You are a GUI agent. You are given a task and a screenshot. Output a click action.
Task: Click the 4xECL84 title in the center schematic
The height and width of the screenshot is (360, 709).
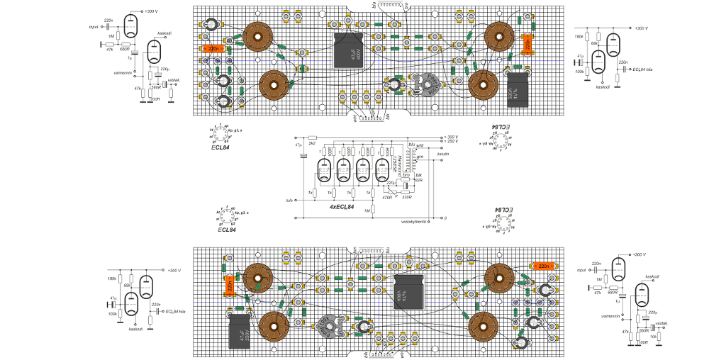tap(342, 206)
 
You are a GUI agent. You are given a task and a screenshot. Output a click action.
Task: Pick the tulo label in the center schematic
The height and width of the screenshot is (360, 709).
tap(289, 201)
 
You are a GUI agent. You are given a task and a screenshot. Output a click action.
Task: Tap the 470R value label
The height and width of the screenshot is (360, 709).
tap(387, 197)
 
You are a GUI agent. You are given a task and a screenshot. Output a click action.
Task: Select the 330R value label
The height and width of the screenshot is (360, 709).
tap(406, 197)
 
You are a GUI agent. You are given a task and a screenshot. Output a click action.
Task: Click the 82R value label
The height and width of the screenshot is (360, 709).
tap(418, 180)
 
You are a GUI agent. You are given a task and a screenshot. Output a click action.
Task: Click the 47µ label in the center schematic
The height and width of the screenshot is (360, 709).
tap(298, 145)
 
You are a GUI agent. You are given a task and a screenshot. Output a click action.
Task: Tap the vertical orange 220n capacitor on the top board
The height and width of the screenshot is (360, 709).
tap(527, 46)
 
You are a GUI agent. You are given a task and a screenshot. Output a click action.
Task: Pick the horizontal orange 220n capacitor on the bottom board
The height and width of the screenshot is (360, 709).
tap(543, 266)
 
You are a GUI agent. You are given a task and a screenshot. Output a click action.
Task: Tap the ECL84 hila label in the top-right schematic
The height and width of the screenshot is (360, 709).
tap(642, 69)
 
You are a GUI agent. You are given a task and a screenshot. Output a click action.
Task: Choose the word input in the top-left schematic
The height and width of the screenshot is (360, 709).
tap(93, 27)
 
